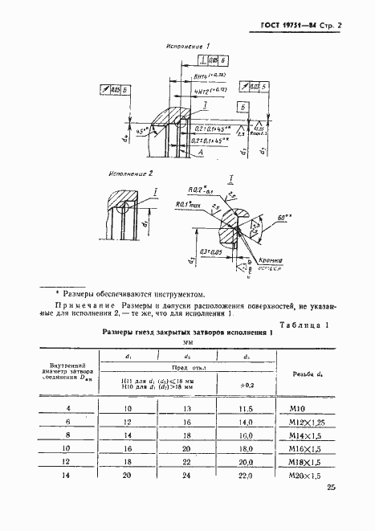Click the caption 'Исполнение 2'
(x=130, y=173)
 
